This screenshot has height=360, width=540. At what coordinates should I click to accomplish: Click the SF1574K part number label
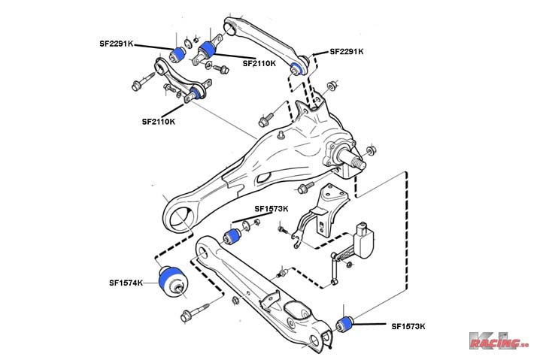pos(125,283)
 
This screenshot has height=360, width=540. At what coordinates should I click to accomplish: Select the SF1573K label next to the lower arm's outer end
pos(408,326)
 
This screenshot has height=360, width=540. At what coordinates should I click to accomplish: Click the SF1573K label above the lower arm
pos(270,208)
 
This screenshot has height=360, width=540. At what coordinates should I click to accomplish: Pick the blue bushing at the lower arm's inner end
pos(233,237)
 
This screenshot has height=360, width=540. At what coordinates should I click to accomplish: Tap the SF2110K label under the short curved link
pos(158,121)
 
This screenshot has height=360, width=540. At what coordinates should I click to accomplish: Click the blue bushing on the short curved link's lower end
pos(197,93)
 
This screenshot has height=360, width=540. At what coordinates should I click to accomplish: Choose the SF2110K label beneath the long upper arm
pos(259,64)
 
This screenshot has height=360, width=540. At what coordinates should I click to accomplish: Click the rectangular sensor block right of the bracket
pos(366,239)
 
